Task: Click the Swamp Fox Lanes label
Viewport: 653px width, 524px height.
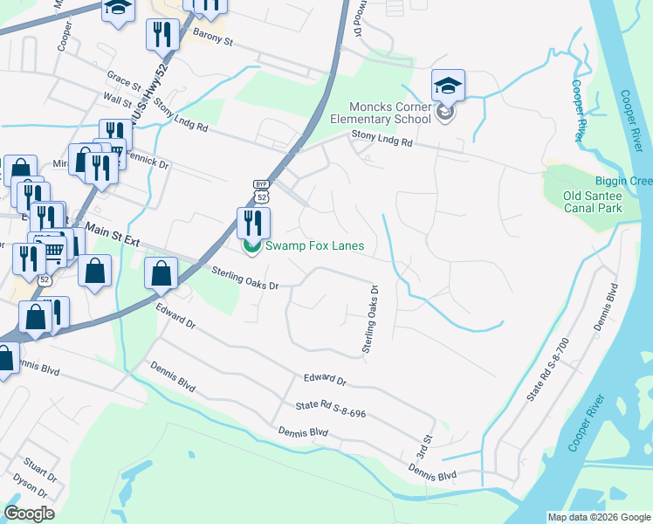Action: [x=314, y=246]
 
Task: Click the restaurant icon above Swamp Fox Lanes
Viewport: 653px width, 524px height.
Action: [x=253, y=223]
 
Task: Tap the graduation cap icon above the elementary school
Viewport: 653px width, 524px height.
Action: [x=448, y=86]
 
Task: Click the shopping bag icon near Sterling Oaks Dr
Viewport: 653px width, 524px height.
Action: [x=162, y=274]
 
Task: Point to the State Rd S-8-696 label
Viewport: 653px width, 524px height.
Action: [x=330, y=406]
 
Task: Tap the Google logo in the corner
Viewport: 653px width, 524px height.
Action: [x=29, y=514]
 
